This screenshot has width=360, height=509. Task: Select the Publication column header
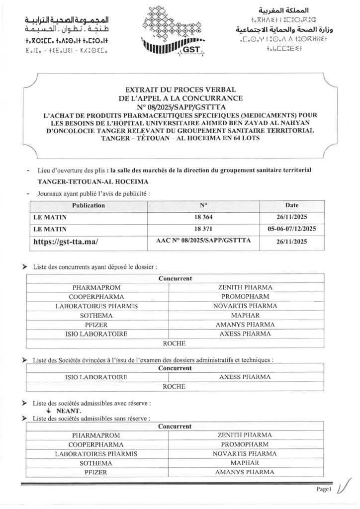(89, 205)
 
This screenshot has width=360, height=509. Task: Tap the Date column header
(292, 205)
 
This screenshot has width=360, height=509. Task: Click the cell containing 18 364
(203, 217)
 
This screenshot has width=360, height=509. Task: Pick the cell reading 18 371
(203, 229)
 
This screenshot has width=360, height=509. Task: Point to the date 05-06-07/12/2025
(292, 229)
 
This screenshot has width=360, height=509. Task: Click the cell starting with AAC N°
(203, 241)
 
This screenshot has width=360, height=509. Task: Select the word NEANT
(69, 411)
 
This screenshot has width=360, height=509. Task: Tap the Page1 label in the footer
(323, 490)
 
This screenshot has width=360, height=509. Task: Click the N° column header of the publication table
(203, 205)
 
